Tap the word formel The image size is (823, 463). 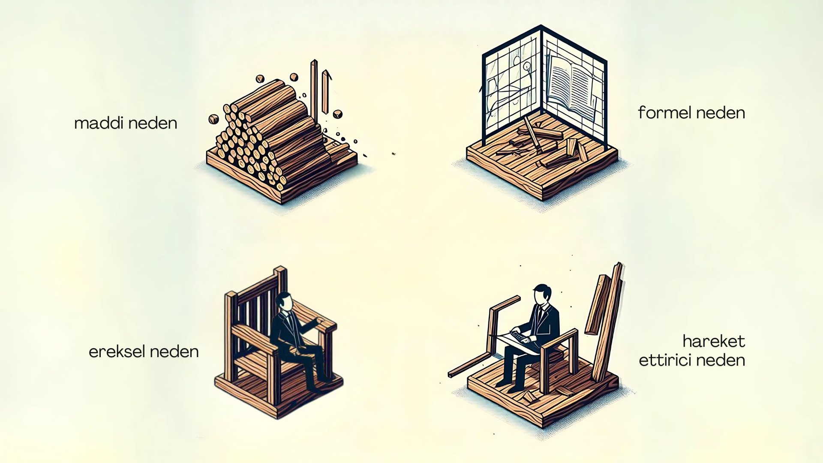click(x=664, y=112)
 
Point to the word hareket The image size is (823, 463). click(x=714, y=341)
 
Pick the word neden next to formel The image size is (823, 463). click(x=721, y=113)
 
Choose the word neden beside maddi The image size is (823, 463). click(x=153, y=123)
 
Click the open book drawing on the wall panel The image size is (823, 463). click(x=571, y=88)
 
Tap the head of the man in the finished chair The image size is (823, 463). click(x=284, y=301)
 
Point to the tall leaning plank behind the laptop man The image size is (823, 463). click(x=607, y=322)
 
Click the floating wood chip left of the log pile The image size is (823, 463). click(x=213, y=119)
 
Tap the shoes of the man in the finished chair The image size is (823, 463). click(x=319, y=384)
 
